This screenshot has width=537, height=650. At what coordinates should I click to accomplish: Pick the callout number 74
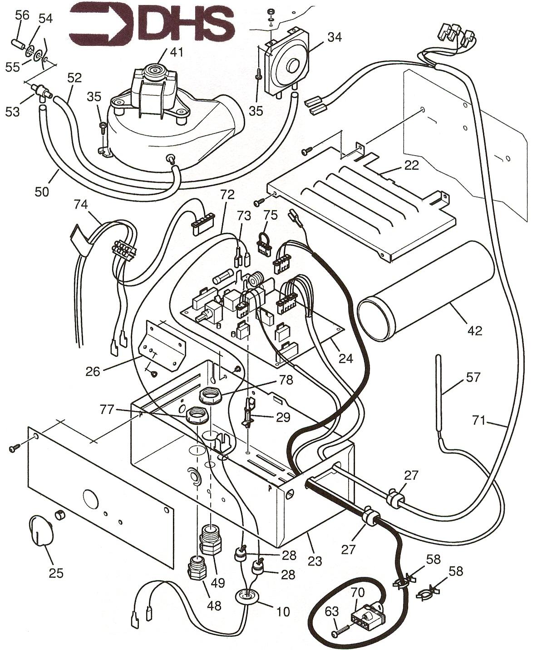point(82,205)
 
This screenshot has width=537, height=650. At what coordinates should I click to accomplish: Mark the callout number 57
point(473,377)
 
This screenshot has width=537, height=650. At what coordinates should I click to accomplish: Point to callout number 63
point(332,612)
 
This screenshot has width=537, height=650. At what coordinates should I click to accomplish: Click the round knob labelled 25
point(40,530)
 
